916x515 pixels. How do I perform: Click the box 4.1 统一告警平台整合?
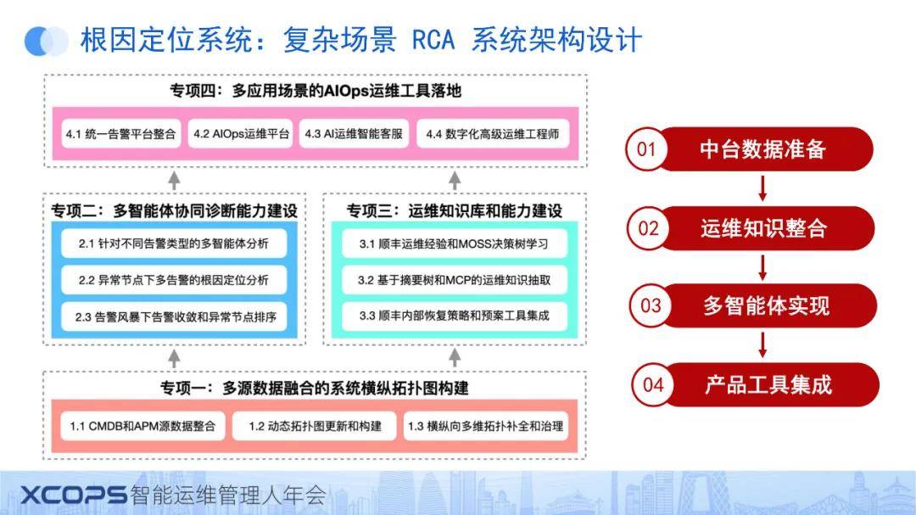pyautogui.click(x=121, y=134)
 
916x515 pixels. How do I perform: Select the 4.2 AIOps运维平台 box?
pyautogui.click(x=241, y=134)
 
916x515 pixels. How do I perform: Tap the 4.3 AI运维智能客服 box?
pyautogui.click(x=354, y=134)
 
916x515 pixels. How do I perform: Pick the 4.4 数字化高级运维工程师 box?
pyautogui.click(x=493, y=134)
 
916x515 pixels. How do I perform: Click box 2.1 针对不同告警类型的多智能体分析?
pyautogui.click(x=174, y=244)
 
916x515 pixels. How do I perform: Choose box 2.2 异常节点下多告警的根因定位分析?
pyautogui.click(x=174, y=280)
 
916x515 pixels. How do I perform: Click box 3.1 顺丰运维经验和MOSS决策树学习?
pyautogui.click(x=454, y=244)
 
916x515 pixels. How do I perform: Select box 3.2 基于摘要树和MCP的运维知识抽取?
pyautogui.click(x=454, y=280)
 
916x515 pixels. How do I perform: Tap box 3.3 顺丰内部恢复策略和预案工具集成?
pyautogui.click(x=454, y=316)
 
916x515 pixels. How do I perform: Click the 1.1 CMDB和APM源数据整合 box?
pyautogui.click(x=142, y=426)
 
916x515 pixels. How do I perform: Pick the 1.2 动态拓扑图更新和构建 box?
pyautogui.click(x=315, y=426)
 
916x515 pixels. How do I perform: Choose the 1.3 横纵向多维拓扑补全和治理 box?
pyautogui.click(x=485, y=426)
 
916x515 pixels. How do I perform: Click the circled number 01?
pyautogui.click(x=646, y=149)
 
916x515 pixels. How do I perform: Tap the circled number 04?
pyautogui.click(x=653, y=384)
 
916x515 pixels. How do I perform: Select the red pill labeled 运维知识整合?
pyautogui.click(x=763, y=228)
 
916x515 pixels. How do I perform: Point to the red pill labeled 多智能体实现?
pyautogui.click(x=765, y=305)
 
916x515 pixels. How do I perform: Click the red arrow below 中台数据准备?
pyautogui.click(x=762, y=188)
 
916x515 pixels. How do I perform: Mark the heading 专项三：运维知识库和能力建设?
pyautogui.click(x=454, y=210)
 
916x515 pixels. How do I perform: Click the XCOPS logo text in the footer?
pyautogui.click(x=74, y=495)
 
